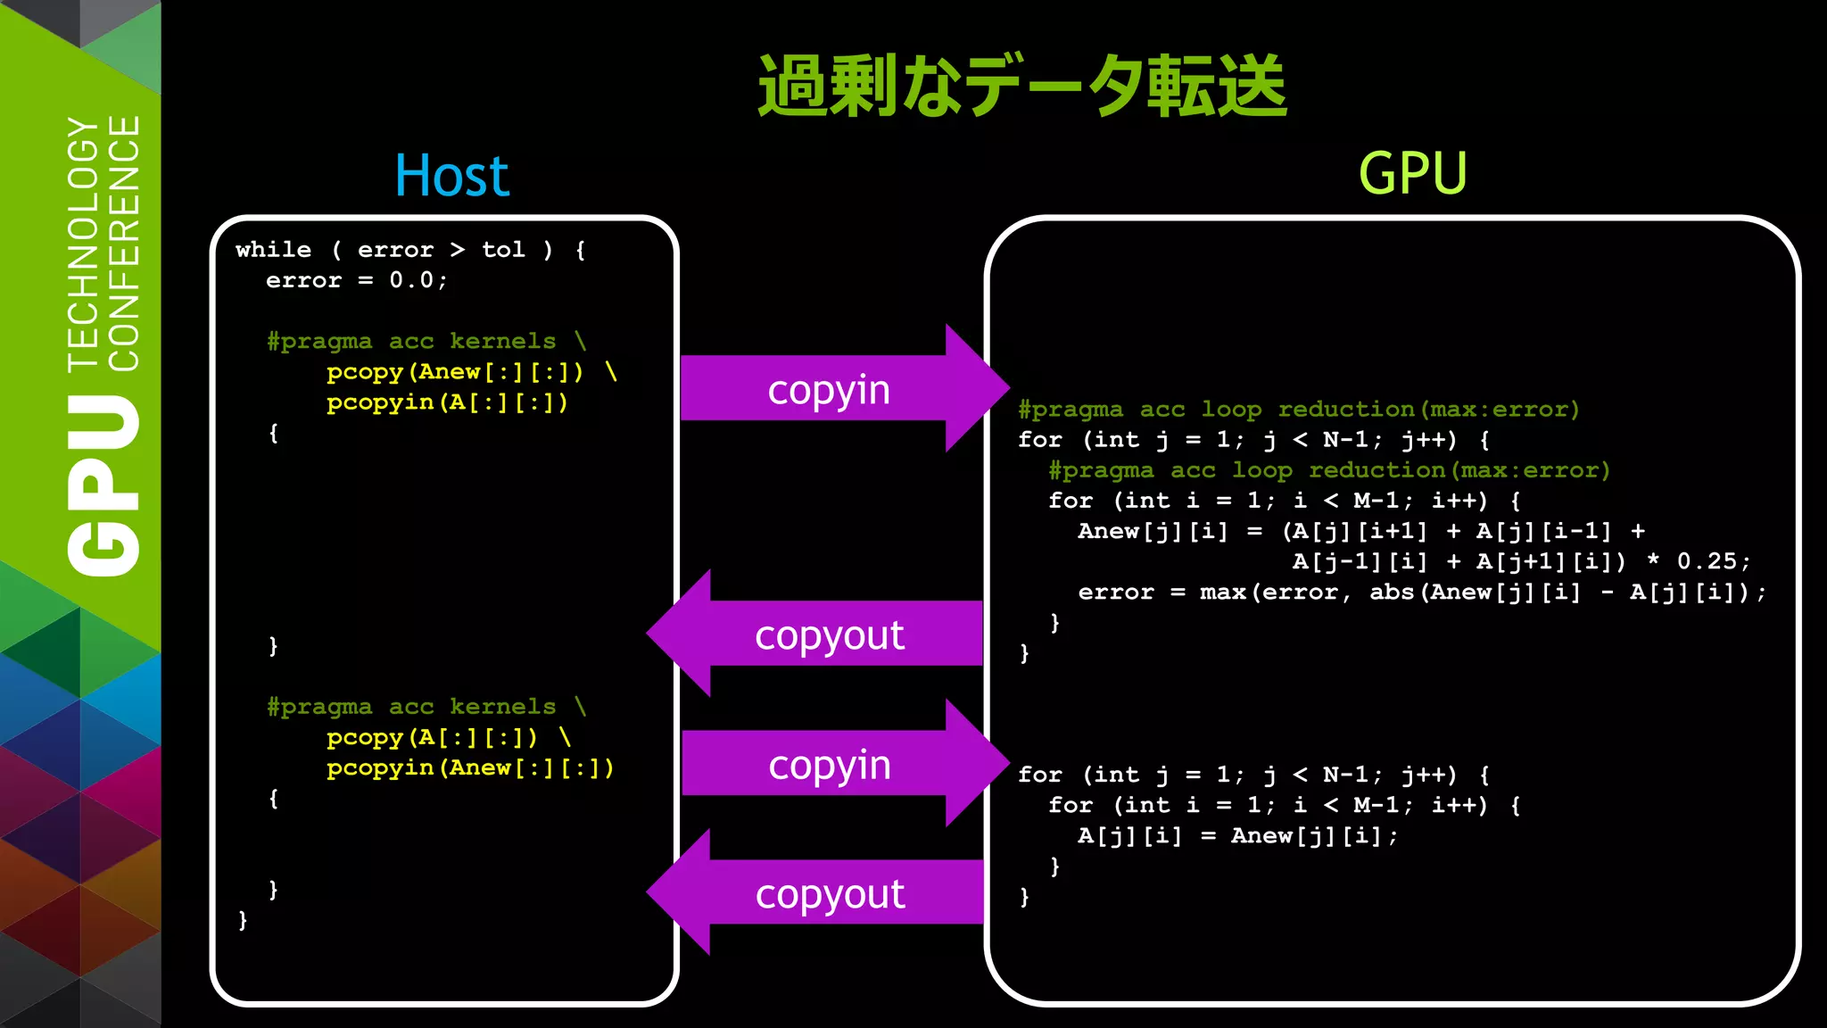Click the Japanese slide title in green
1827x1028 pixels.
click(1021, 86)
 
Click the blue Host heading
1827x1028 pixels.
click(451, 176)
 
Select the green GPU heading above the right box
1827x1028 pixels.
click(1412, 173)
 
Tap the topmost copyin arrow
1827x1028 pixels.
click(830, 389)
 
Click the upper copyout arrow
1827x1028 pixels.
click(830, 634)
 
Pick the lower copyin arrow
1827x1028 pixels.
click(830, 764)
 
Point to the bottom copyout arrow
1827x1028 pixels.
click(830, 893)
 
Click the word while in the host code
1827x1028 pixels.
click(274, 250)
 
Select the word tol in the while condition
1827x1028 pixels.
click(503, 250)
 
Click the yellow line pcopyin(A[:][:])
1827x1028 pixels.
click(447, 402)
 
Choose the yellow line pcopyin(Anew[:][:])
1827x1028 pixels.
click(470, 768)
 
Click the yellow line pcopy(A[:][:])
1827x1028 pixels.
click(432, 738)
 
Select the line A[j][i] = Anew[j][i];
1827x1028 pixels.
click(1237, 836)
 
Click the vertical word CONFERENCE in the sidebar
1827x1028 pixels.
click(124, 243)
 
